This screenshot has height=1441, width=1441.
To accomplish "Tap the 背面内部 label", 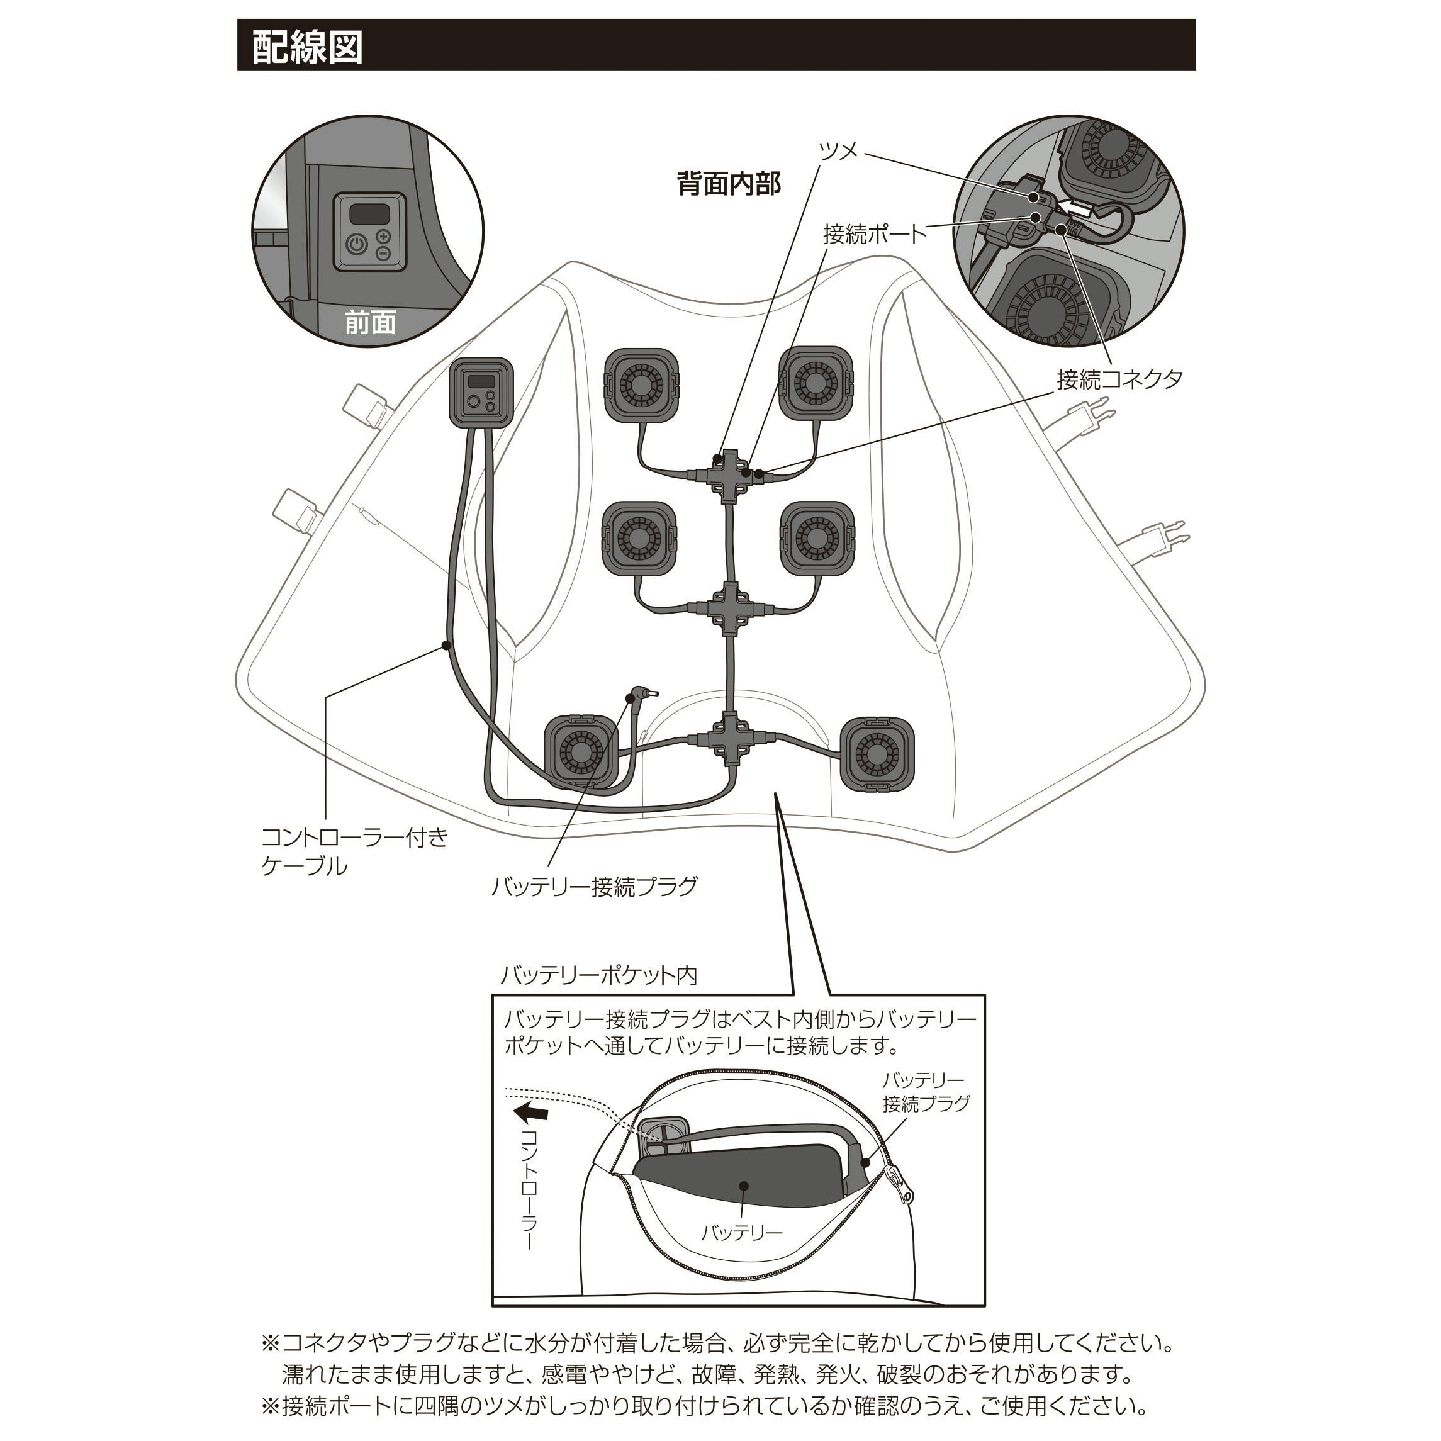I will (x=728, y=184).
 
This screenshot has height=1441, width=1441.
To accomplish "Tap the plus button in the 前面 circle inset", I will (x=383, y=237).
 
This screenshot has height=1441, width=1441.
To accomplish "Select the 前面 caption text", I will (x=369, y=322).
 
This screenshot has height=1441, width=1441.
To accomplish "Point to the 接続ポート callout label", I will (x=874, y=234).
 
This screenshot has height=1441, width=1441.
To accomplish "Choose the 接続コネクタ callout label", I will (x=1119, y=379).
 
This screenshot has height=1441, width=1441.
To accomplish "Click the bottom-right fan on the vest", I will (x=877, y=753).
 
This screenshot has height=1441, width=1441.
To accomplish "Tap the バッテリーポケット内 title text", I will (x=598, y=975).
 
